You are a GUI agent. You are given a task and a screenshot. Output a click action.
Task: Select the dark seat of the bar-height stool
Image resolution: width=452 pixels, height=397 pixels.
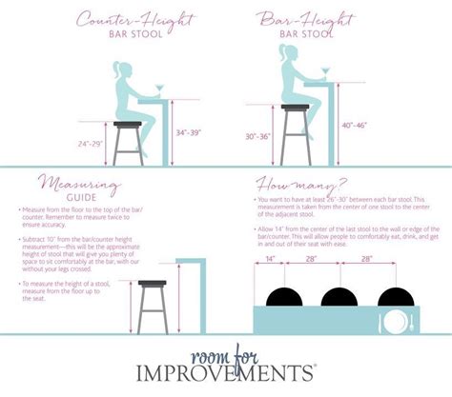coord(295,108)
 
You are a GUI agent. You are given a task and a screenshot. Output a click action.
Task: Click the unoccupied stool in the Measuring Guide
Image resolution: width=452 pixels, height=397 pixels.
coord(154,305)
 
